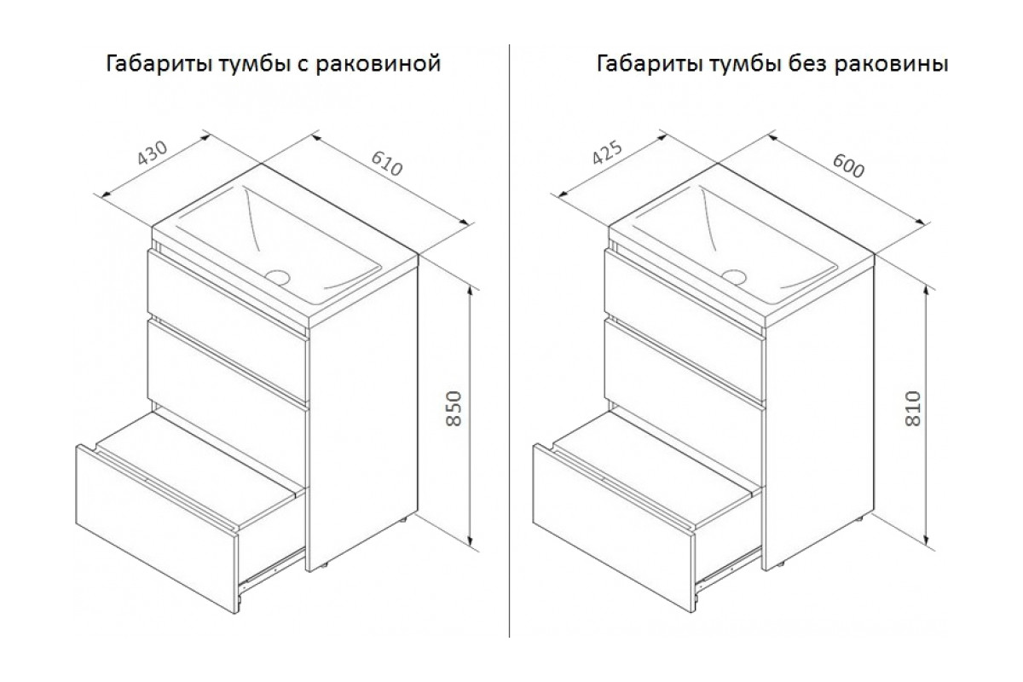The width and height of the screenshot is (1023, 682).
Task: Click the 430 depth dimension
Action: (x=153, y=153)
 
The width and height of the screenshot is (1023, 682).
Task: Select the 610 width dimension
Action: (x=387, y=163)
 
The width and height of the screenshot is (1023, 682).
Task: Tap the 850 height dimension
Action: (x=454, y=408)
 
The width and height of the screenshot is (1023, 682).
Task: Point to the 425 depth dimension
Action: (x=607, y=152)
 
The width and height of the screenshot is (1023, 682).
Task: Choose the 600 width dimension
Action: (x=848, y=166)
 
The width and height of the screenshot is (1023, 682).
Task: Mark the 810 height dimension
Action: (x=913, y=408)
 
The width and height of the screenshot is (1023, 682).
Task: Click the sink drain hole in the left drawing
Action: (x=278, y=277)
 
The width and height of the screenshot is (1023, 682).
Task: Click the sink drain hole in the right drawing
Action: (x=734, y=277)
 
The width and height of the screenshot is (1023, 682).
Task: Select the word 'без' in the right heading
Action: (x=806, y=63)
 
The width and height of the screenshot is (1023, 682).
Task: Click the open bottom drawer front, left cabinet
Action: (x=157, y=529)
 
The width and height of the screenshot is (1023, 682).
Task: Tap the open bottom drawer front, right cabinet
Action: (x=614, y=528)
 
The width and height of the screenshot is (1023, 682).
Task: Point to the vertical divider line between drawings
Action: (x=509, y=341)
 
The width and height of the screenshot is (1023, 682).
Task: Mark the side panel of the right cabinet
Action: (x=820, y=419)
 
